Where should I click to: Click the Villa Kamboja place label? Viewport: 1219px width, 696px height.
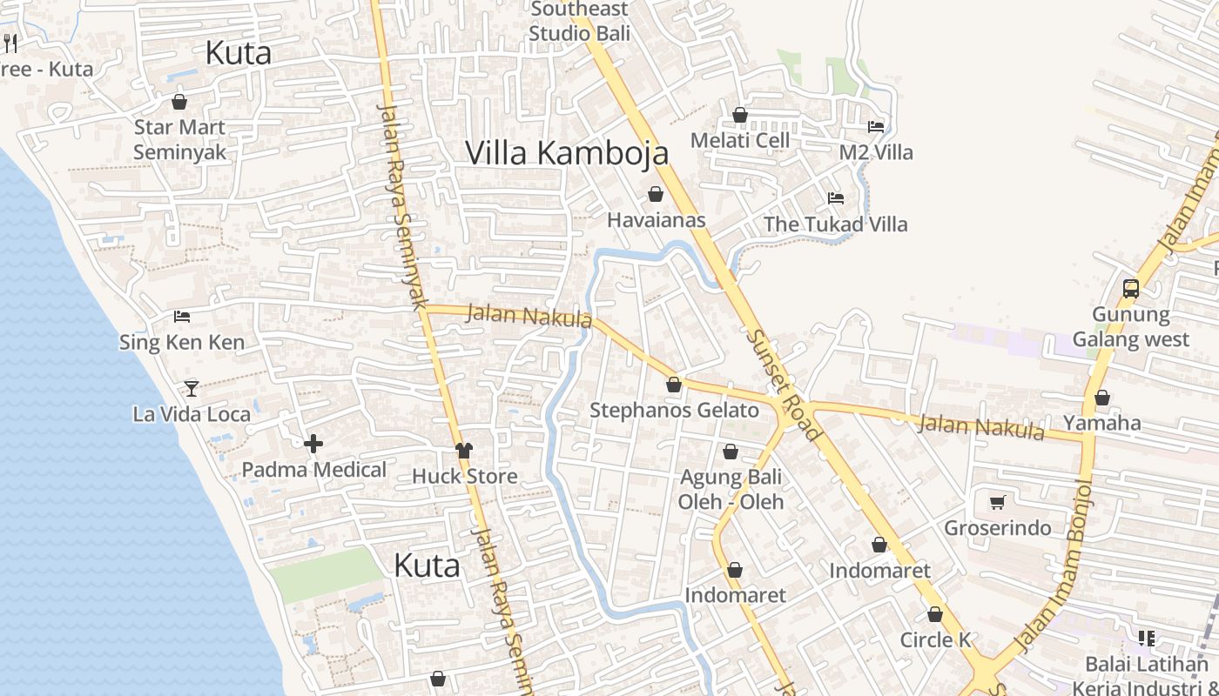point(567,153)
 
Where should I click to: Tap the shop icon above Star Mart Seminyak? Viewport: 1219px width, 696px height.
point(179,102)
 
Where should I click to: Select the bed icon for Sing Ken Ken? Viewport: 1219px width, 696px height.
point(182,316)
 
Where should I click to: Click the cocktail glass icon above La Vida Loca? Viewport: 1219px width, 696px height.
point(192,388)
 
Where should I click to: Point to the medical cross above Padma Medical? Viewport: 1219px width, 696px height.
point(313,444)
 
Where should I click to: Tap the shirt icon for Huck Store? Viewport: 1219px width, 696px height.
point(464,451)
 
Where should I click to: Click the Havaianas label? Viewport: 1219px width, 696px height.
point(656,220)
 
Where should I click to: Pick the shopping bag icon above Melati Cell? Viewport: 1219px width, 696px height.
point(740,115)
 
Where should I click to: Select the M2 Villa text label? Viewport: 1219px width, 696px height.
point(876,153)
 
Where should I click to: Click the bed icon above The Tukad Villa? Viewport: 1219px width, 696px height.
point(836,198)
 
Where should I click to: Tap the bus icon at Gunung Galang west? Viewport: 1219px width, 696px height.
point(1130,288)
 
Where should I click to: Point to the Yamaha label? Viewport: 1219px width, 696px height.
point(1102,424)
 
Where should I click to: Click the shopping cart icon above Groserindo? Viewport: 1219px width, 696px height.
point(998,502)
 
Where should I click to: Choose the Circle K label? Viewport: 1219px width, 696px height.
point(935,640)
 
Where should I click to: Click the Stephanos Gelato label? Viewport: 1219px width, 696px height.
point(674,411)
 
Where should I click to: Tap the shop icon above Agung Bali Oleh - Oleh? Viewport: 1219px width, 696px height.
point(731,452)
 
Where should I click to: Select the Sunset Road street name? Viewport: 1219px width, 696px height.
point(783,384)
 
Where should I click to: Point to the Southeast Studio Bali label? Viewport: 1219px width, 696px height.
point(579,22)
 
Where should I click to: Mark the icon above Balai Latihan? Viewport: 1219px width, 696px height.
point(1146,639)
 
